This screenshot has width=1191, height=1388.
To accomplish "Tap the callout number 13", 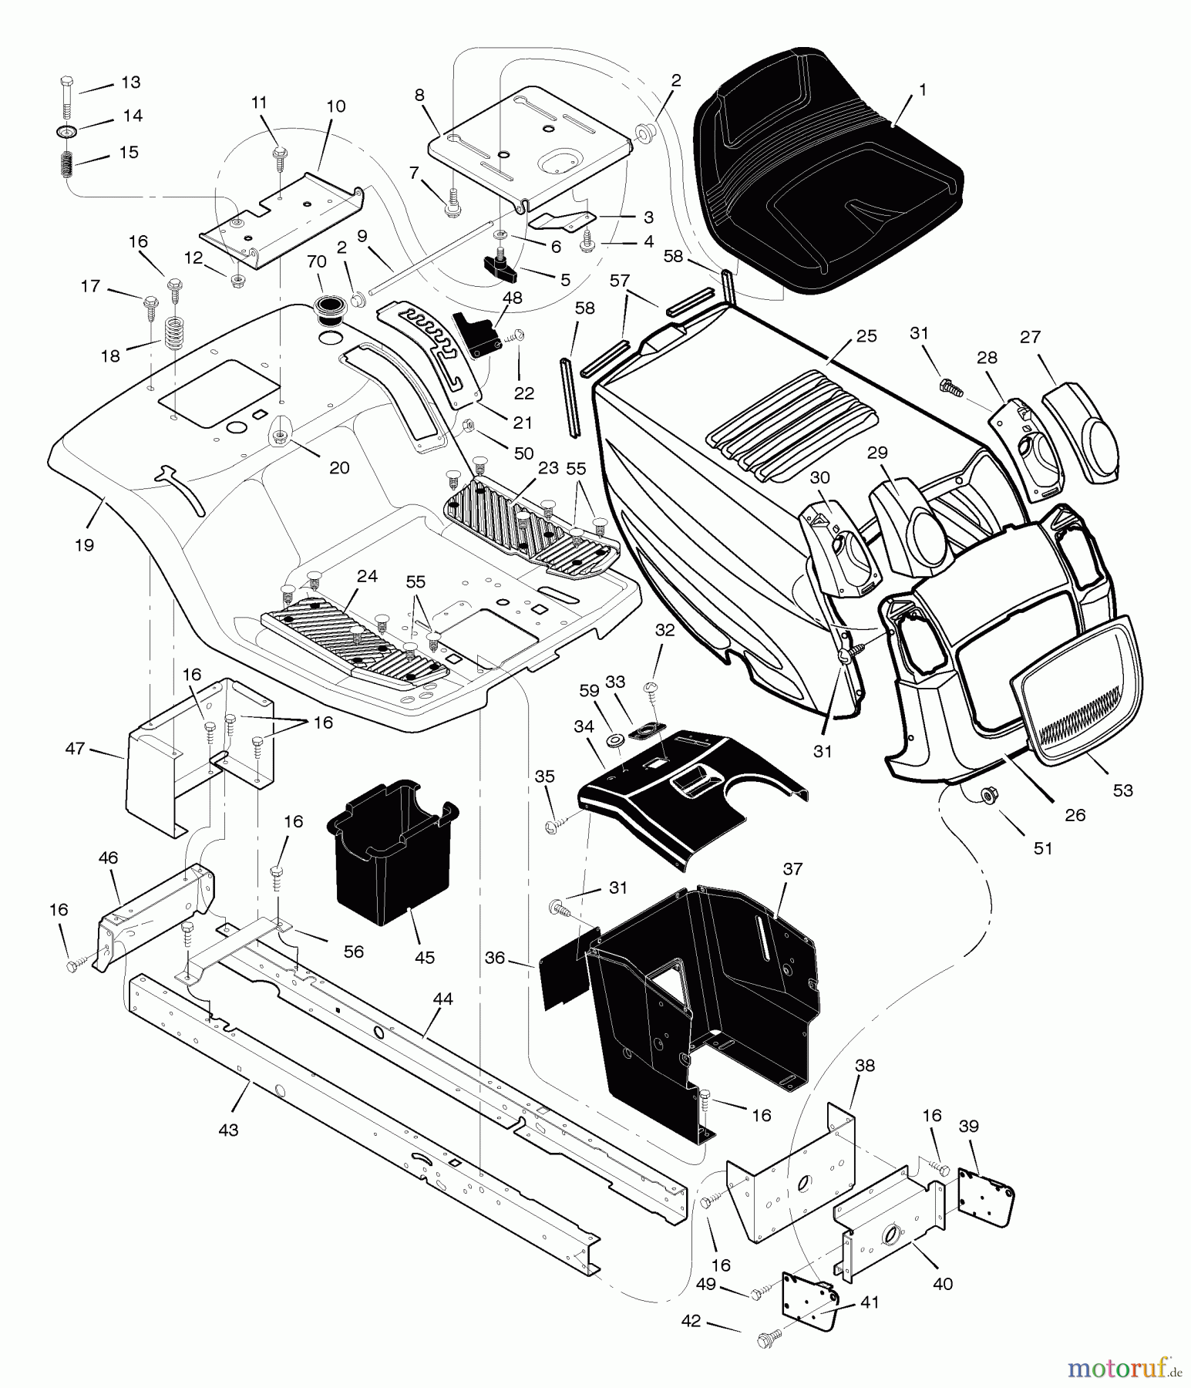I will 130,83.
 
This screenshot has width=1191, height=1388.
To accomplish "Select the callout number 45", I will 424,957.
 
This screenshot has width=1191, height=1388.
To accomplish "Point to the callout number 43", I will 228,1130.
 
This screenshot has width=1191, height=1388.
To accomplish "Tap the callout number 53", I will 1122,790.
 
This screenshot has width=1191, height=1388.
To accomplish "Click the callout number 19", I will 84,545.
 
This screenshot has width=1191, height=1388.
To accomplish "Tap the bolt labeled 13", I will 66,96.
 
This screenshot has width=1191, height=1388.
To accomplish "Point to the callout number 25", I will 866,337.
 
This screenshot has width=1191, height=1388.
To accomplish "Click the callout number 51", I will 1042,848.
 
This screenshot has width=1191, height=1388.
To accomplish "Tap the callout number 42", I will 691,1321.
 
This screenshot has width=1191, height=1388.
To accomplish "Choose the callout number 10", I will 336,106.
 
